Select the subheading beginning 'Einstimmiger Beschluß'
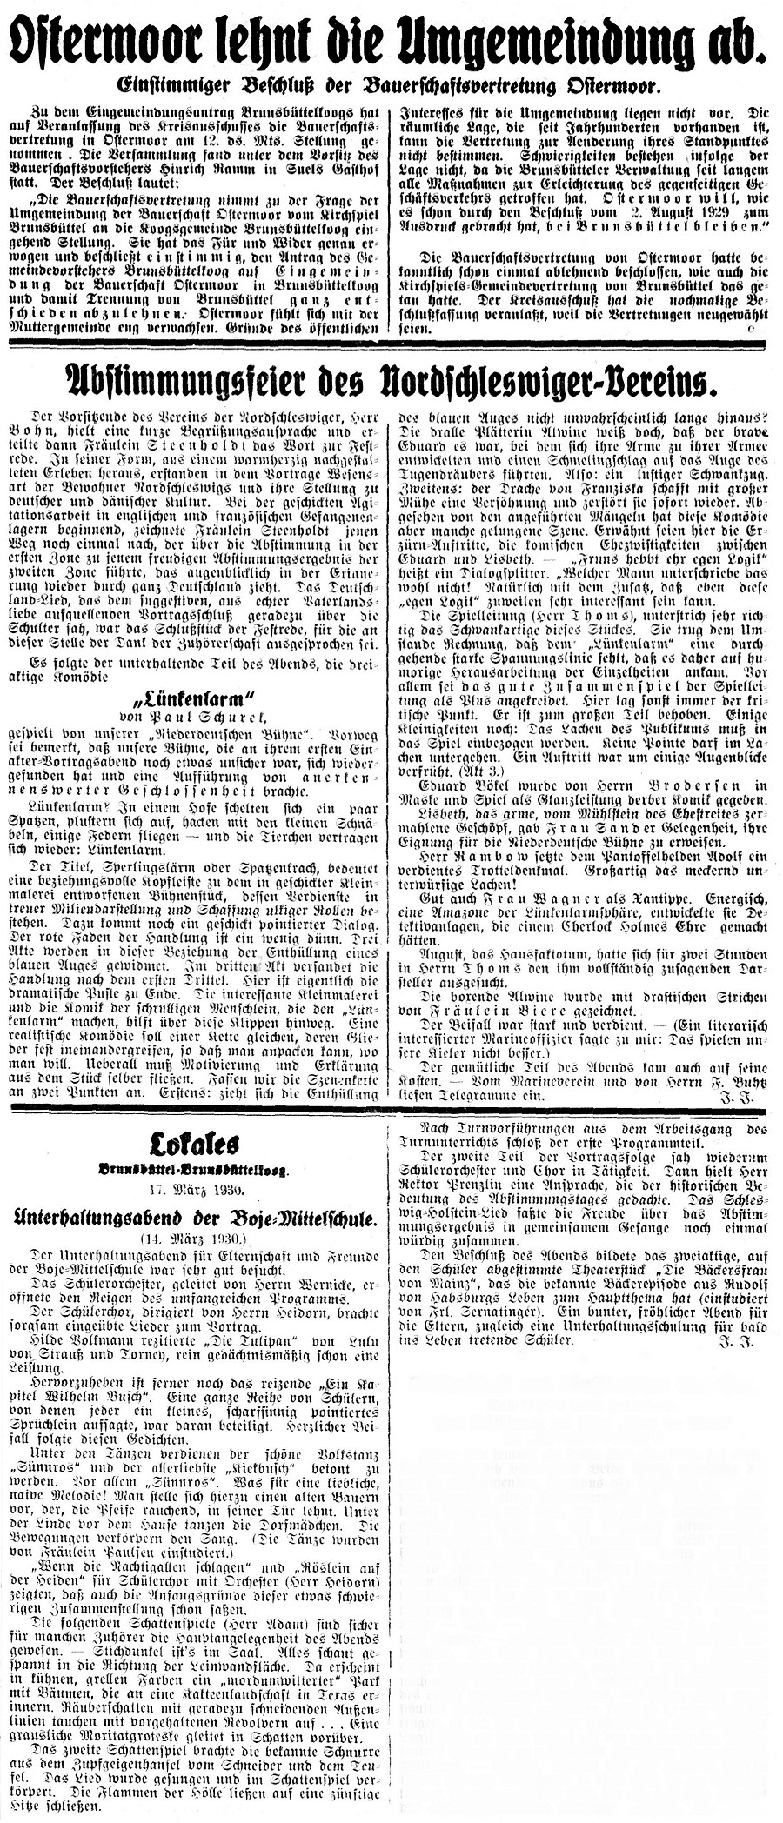pos(391,86)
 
